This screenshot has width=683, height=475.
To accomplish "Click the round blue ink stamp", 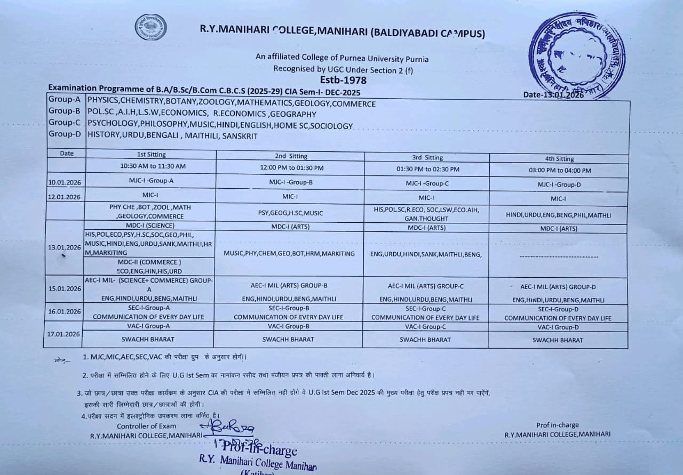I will point(576,55).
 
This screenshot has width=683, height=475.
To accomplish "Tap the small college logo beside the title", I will point(150,27).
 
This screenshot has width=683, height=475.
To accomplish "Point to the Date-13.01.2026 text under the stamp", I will point(553,95).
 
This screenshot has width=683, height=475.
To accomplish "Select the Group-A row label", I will point(65,100).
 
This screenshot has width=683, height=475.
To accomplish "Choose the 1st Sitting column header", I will point(152,155).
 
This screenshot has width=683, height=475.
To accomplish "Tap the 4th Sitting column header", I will point(559,158).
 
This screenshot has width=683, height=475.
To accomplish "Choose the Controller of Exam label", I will point(146,426).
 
